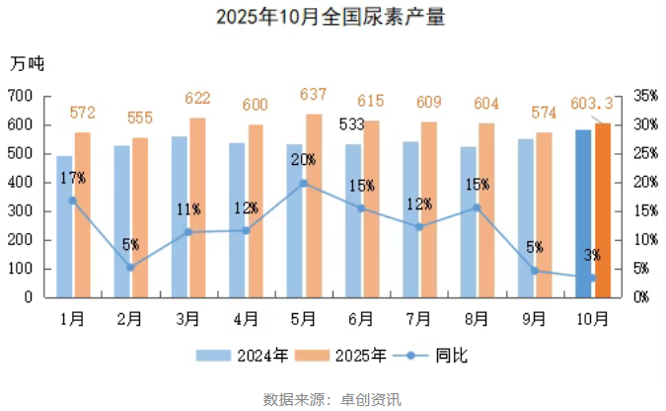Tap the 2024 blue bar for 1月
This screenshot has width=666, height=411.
[64, 226]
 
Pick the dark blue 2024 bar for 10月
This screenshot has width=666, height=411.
[583, 212]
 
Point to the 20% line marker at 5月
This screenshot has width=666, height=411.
[304, 183]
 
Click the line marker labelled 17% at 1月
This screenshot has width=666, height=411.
[73, 201]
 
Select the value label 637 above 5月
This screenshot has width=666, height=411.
[313, 95]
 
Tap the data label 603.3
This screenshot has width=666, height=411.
[592, 103]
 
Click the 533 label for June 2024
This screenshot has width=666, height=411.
[351, 125]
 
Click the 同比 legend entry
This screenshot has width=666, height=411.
[426, 356]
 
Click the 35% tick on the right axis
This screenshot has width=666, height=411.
[645, 96]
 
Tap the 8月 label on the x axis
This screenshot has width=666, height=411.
[477, 318]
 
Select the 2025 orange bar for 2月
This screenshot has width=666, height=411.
[140, 217]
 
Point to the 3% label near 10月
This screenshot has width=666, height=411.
[592, 256]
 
